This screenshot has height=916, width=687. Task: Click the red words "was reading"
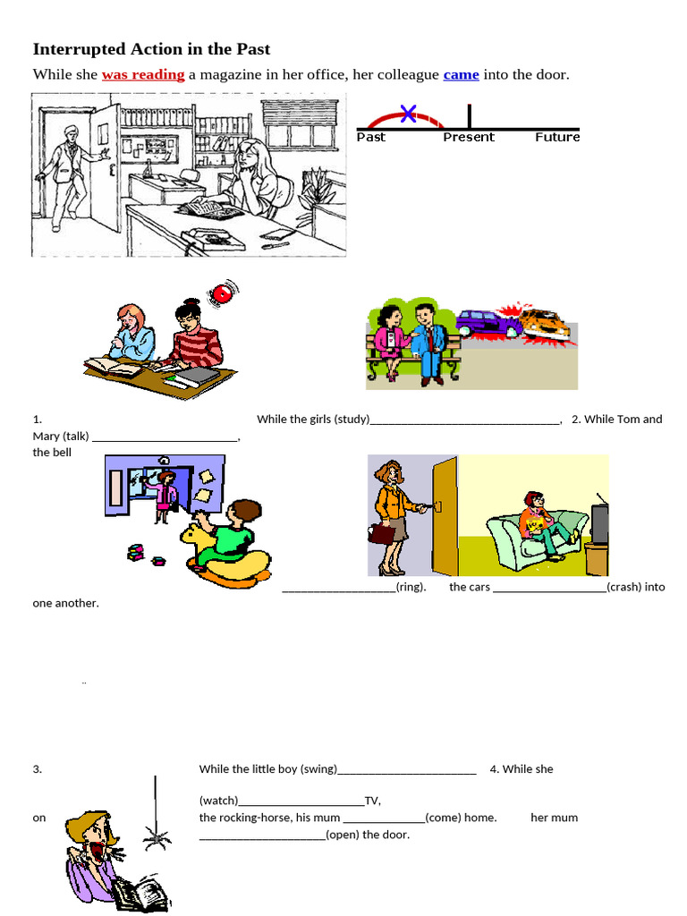(143, 74)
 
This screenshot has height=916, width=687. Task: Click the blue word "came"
(461, 74)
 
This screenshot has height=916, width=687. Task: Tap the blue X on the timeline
(408, 113)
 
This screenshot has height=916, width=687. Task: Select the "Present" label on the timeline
(469, 137)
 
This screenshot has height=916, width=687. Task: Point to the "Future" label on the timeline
(557, 137)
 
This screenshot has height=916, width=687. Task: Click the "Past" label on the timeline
(371, 137)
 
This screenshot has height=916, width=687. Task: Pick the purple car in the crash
(487, 324)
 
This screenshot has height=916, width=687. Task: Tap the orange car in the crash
(546, 324)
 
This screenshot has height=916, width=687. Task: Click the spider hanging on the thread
(157, 837)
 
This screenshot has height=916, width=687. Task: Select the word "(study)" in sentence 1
(352, 419)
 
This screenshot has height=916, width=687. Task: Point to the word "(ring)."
(411, 587)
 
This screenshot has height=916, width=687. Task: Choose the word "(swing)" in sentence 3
(319, 768)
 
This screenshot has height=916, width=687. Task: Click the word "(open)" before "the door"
(343, 835)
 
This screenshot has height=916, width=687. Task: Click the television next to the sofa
(598, 525)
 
